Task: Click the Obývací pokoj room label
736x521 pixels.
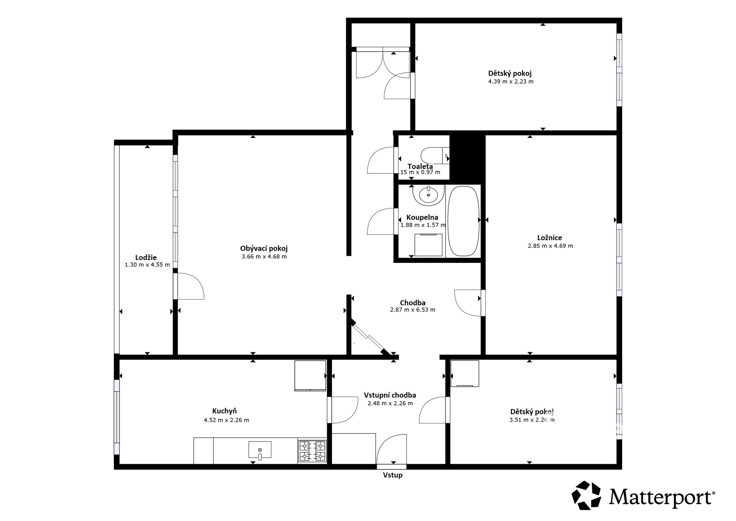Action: pos(264,249)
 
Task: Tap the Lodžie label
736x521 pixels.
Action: pos(146,257)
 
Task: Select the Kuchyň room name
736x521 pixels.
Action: pos(225,411)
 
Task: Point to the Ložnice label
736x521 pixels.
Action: pos(550,238)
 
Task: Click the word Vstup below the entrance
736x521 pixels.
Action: pos(393,475)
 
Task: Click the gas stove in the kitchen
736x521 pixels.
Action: pos(312,451)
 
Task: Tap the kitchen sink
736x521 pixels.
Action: pos(260,450)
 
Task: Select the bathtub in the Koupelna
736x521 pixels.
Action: pos(463,221)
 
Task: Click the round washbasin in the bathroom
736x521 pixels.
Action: pos(428,195)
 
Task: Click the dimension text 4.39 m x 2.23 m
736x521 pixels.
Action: pos(511,81)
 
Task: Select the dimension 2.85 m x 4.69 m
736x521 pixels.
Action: pos(550,246)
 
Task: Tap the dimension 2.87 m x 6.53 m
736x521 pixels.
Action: pos(412,310)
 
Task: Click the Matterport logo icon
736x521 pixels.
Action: pos(586,495)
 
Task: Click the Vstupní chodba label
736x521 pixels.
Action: pos(390,395)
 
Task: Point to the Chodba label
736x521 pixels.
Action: pos(412,303)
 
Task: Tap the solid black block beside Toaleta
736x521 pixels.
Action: pos(467,157)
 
